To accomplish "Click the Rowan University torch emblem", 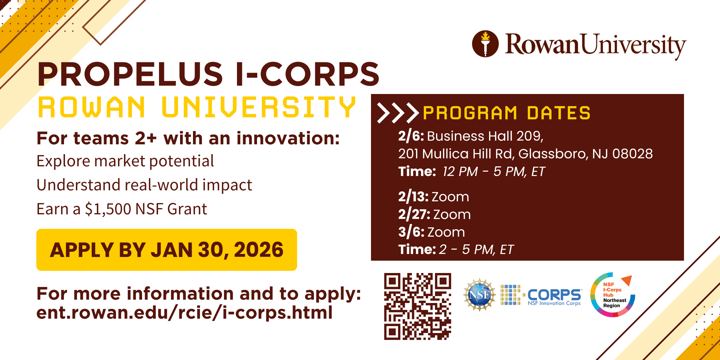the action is coord(485,44).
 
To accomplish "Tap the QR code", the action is coord(418,306).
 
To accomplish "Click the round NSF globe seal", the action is coord(479,295).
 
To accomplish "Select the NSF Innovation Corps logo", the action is coord(541,295).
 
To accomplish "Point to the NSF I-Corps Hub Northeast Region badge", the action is coord(613,295).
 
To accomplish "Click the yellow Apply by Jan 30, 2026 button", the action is coord(167,250).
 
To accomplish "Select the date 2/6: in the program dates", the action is coord(411,136).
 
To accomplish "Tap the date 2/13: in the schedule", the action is coord(413,197).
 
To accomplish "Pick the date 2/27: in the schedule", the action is coord(414,214).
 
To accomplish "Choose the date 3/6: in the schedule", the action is coord(411,232).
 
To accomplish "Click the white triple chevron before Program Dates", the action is coord(398,113).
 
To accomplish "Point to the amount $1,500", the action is coord(108,209).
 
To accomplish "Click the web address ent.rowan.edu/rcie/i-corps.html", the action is coord(184,313).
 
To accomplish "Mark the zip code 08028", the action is coord(632,154).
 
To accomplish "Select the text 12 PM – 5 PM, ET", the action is coord(494,172).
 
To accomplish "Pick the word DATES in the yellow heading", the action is coord(559,113).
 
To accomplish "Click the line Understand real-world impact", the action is coord(144,185).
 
